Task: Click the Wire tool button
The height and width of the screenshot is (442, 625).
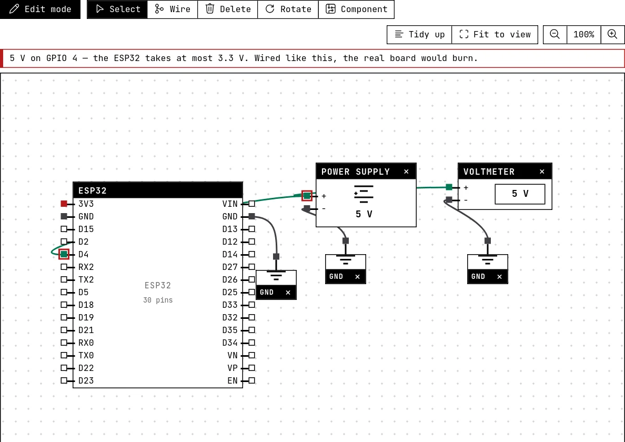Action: (x=173, y=9)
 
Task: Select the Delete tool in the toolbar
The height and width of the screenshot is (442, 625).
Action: (x=228, y=9)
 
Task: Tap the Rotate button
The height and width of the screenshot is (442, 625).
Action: (x=288, y=9)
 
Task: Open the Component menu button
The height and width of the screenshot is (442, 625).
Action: (x=356, y=9)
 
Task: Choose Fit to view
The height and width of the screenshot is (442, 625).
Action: (x=495, y=35)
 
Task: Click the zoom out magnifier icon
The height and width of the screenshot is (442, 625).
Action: (x=555, y=35)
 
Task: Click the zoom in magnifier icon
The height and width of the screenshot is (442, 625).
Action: (x=613, y=35)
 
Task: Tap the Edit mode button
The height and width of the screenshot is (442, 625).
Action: (x=41, y=9)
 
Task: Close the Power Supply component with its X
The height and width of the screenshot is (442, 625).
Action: (x=406, y=172)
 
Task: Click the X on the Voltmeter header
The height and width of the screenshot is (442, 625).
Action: (x=542, y=172)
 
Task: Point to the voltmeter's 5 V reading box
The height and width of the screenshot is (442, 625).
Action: (x=520, y=194)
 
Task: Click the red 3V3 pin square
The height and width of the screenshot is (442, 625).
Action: (x=64, y=204)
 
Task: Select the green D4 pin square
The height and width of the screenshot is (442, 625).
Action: (x=64, y=254)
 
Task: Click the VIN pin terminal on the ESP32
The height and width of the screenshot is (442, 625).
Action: (x=251, y=204)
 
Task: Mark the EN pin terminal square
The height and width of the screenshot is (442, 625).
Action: (x=251, y=380)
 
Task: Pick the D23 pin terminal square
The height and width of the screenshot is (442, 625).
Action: (x=64, y=380)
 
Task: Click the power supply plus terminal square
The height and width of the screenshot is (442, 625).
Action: (x=307, y=196)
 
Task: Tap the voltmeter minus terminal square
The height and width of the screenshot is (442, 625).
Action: (x=449, y=199)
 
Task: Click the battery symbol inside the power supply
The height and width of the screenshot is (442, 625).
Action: (x=364, y=194)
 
